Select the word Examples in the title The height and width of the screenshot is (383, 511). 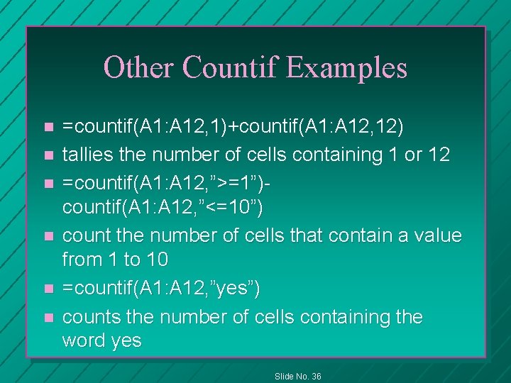click(347, 67)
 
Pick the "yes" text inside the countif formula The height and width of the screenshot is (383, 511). click(235, 289)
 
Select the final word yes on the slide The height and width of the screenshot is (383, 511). click(126, 341)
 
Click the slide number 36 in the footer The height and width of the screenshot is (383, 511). click(316, 376)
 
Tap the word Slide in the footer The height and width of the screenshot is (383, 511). click(284, 376)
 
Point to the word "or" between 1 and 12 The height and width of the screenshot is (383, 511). click(412, 154)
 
